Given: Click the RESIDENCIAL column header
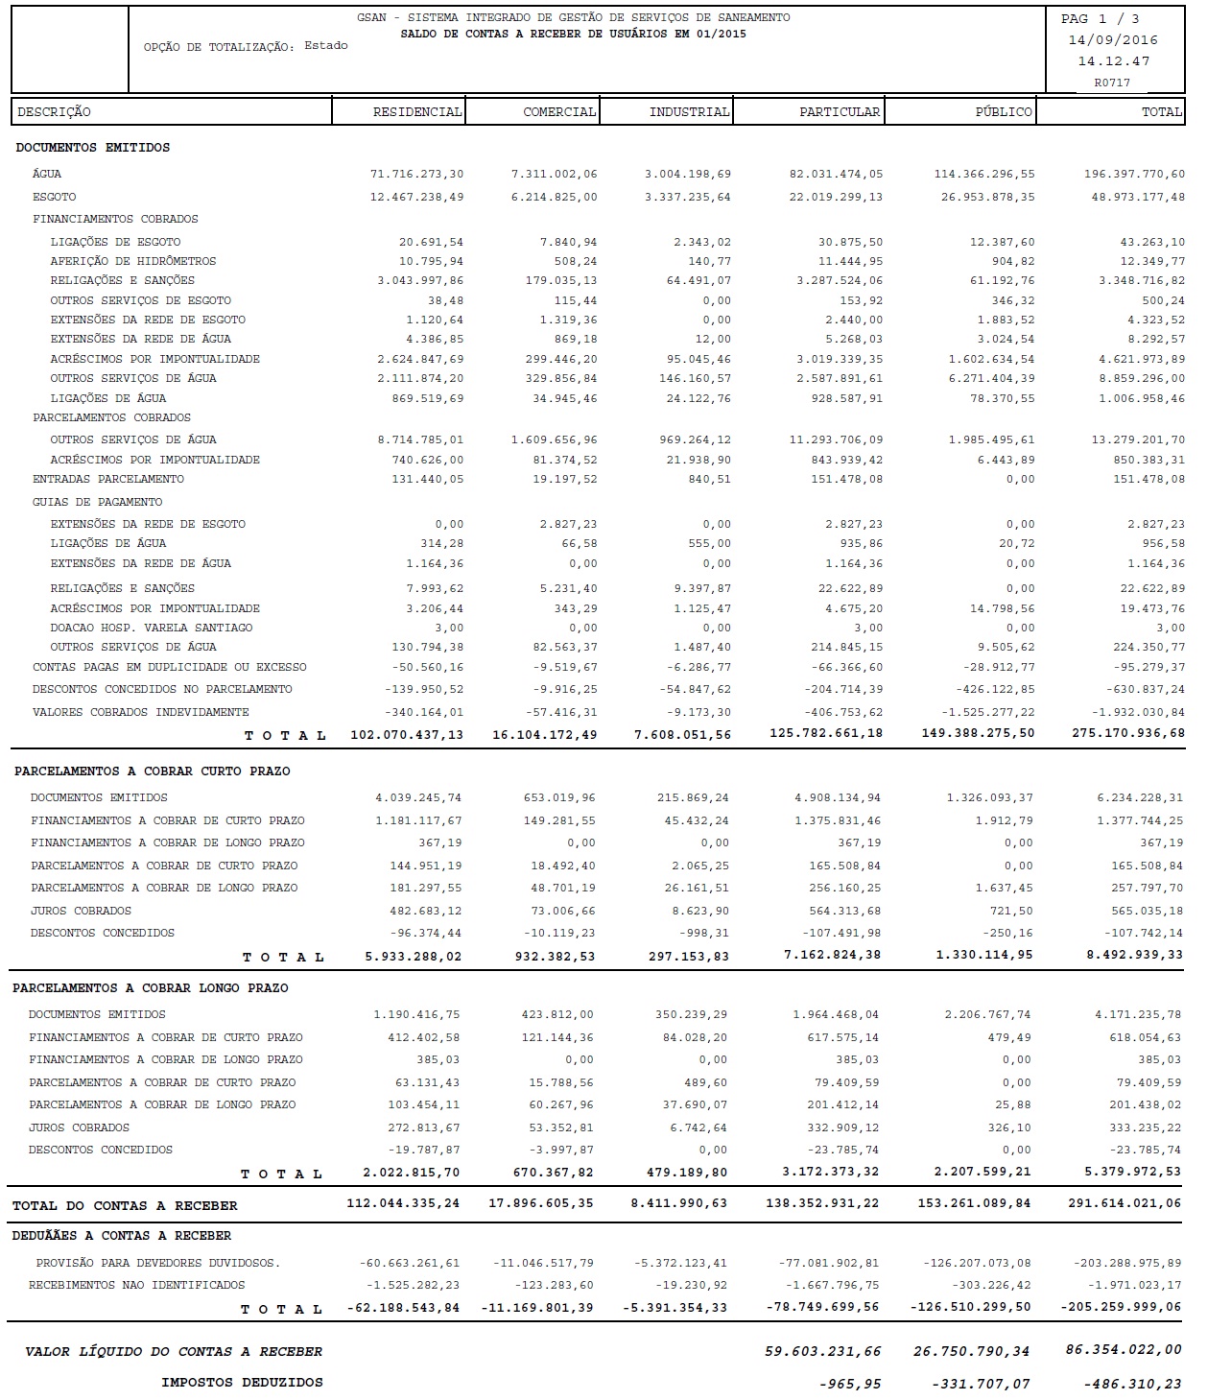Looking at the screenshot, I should coord(417,112).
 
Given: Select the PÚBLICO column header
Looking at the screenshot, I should coord(1003,112).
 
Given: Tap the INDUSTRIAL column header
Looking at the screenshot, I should coord(689,112).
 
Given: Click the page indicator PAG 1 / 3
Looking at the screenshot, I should coord(1100,19).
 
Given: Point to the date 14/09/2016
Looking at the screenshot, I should coord(1113,40).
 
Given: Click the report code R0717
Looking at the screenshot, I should coord(1112,83).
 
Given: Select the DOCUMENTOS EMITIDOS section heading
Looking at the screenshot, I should coord(93,148).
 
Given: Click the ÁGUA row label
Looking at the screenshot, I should coord(47,174).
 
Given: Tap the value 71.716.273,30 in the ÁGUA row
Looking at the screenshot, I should coord(416,174).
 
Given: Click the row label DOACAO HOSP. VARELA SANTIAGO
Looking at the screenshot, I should coord(152,628).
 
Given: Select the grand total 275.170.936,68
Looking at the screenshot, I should coord(1127,733).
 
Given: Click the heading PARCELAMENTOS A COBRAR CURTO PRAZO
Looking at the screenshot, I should coord(152,771).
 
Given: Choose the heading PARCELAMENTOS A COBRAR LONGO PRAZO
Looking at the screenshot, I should coord(151,988).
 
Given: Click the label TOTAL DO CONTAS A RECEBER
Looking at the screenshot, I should coord(125,1205).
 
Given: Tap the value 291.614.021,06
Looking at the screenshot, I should coord(1126,1203).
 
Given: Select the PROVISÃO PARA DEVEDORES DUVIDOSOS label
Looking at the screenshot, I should coord(158,1263).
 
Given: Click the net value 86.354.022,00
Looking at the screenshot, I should coord(1123,1350).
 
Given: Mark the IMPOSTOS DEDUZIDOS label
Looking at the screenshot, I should coord(242,1383).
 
